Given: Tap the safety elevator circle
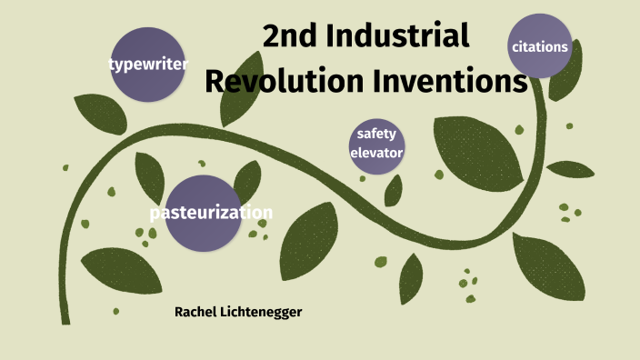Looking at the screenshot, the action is pos(376,144).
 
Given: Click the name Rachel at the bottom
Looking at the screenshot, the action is pos(196,312).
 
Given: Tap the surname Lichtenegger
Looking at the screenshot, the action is pos(262,312).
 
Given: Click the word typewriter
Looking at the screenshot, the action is pos(148,65).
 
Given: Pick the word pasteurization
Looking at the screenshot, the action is pos(211,213).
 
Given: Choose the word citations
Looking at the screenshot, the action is pos(540,46).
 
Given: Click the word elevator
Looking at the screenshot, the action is pos(376,153).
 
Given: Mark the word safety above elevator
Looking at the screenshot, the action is pos(376,135).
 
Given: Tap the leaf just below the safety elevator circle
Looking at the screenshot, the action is pos(393,190).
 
